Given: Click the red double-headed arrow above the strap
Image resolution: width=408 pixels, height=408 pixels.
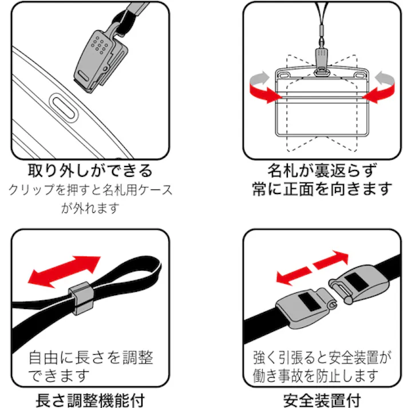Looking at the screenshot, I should point(65,271).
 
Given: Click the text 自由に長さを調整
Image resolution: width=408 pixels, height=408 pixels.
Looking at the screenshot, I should point(91,358).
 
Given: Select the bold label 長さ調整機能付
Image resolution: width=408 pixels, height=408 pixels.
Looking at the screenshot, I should point(90,398).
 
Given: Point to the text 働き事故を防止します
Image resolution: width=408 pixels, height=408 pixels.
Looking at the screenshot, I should point(316,376).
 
